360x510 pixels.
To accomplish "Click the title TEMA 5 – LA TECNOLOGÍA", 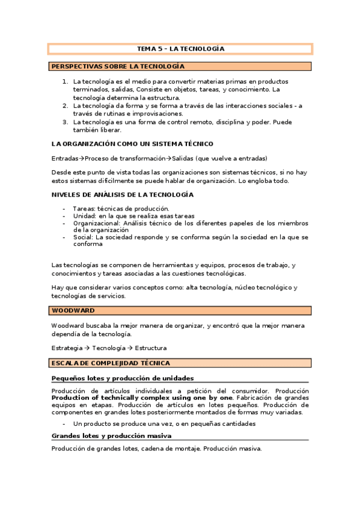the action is [x=180, y=49].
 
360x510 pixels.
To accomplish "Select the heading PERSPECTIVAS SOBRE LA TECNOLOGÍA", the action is [x=118, y=66].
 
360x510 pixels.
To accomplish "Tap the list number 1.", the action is [x=66, y=81].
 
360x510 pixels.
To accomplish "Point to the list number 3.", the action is [x=66, y=121].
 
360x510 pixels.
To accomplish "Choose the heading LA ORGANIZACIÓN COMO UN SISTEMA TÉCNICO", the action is [x=132, y=144].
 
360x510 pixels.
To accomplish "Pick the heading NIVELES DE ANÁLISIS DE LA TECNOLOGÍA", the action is [x=123, y=195].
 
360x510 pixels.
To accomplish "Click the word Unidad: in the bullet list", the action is [x=85, y=216].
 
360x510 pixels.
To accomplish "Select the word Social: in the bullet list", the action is [x=83, y=238].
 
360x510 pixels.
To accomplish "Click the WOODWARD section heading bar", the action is [x=180, y=310].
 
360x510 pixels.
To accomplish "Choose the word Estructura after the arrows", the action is [x=150, y=348].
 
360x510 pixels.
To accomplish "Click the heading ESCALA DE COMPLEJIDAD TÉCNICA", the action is [x=111, y=363].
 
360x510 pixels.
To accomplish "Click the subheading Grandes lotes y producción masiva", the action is [x=111, y=435].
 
